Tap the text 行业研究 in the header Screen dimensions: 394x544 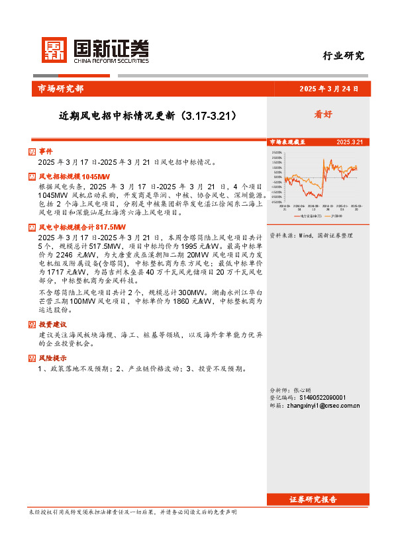pyautogui.click(x=343, y=56)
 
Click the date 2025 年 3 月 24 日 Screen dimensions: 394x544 pyautogui.click(x=329, y=89)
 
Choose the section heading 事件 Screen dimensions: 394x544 pyautogui.click(x=45, y=152)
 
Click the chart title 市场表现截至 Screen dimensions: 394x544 pyautogui.click(x=287, y=142)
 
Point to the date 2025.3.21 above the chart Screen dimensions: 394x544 pyautogui.click(x=350, y=142)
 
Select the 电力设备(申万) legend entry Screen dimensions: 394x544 pyautogui.click(x=311, y=216)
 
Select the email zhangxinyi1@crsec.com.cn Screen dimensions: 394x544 pyautogui.click(x=324, y=406)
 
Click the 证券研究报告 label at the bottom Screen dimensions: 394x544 pyautogui.click(x=313, y=499)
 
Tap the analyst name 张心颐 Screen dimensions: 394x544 pyautogui.click(x=302, y=390)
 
